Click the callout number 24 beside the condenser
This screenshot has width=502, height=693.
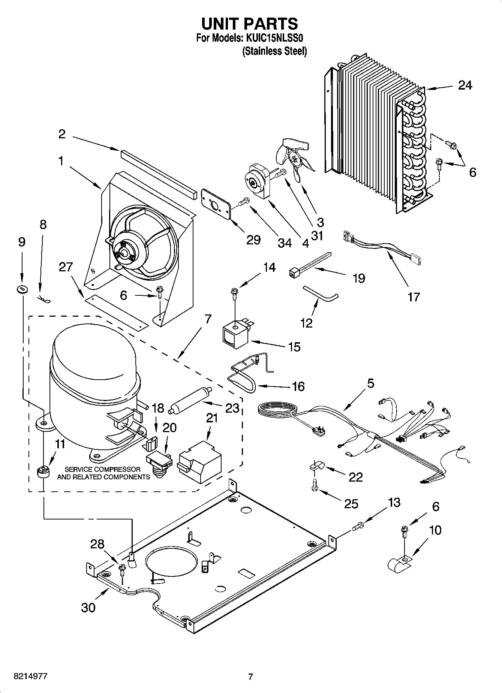(x=465, y=85)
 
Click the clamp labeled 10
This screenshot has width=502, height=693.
(x=399, y=563)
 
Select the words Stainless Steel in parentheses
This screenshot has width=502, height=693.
(x=275, y=51)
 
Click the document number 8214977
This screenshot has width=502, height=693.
(x=30, y=677)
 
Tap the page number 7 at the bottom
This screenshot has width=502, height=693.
(x=250, y=677)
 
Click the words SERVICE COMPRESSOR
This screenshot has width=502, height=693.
(x=103, y=469)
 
